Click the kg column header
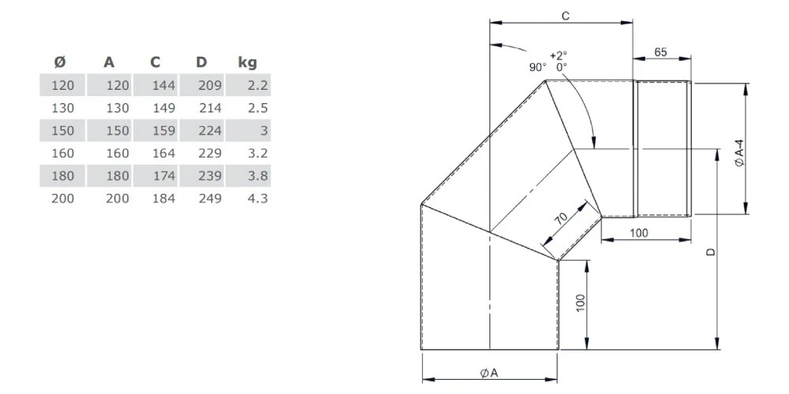coord(247,62)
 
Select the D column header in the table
coord(203,62)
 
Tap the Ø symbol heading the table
coord(59,62)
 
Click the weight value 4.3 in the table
coord(257,199)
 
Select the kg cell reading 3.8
coord(257,176)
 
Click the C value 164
coord(163,153)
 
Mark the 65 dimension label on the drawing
coord(661,52)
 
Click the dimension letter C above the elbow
coord(566,15)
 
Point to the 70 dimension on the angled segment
coord(562,220)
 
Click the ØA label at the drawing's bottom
coord(488,373)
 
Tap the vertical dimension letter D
coord(710,251)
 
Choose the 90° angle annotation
coord(537,68)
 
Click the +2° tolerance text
coord(559,55)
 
